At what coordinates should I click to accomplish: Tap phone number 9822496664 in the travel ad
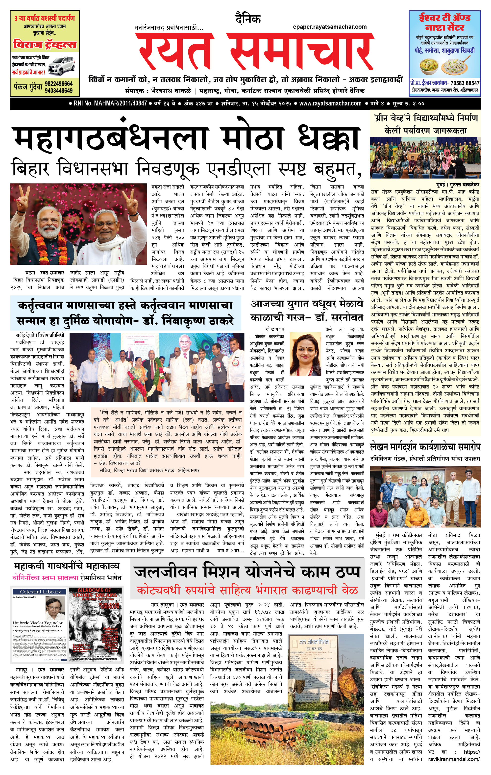pos(59,83)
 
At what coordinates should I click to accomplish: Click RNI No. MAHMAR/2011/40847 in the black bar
pos(108,103)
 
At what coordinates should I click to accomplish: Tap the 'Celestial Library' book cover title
pos(41,592)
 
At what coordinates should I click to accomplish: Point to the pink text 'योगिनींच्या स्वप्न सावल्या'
pos(45,577)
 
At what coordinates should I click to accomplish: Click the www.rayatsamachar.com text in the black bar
pos(330,103)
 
